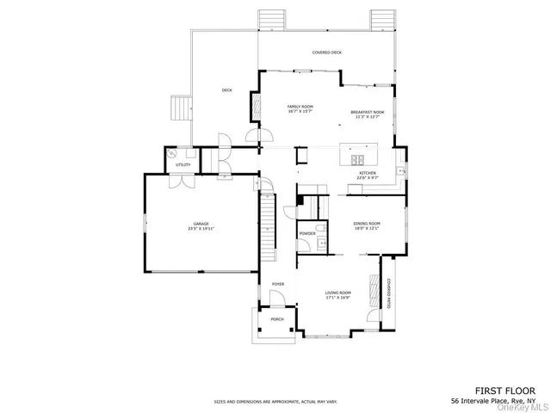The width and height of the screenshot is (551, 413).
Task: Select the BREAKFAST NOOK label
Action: pos(367,114)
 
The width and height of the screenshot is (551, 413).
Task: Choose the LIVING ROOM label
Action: pos(337,294)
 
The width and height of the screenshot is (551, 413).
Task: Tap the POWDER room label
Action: pos(307,234)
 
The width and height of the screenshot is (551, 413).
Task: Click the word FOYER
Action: pos(278,284)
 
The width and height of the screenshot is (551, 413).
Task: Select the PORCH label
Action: pos(277,319)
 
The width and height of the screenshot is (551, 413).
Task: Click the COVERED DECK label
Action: pos(326,52)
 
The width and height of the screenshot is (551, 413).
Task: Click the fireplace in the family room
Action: pos(255,106)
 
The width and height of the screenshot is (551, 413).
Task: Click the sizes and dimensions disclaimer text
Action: pos(275,402)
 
